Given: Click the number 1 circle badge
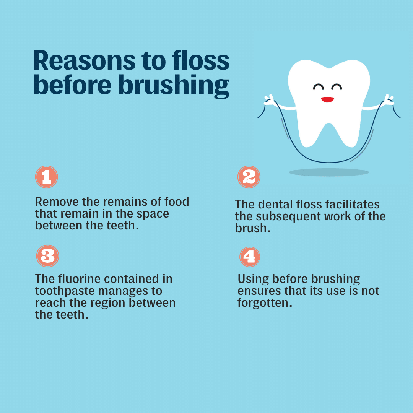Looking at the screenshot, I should [x=46, y=177].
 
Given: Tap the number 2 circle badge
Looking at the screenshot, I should [x=249, y=177].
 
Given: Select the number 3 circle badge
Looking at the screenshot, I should [x=47, y=256].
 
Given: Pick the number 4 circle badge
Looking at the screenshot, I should [x=249, y=257].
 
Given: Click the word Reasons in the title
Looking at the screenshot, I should [x=84, y=60].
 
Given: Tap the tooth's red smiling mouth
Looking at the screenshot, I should [x=327, y=99].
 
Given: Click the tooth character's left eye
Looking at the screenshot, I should [x=318, y=88].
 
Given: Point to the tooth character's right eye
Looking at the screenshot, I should [x=337, y=88].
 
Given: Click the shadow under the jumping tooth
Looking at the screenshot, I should [x=329, y=172].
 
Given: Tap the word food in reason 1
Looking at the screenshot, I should [x=177, y=202].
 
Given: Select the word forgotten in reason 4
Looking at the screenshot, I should [x=265, y=302].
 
